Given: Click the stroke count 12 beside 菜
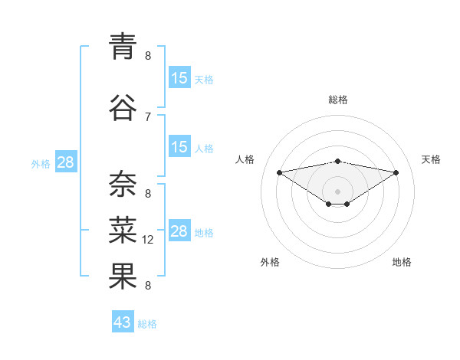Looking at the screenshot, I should point(149,240).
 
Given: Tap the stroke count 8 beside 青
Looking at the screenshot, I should point(148,56).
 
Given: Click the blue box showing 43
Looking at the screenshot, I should point(123,322).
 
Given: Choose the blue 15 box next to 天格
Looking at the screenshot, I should point(179,78).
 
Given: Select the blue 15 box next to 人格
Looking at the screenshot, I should point(179,147).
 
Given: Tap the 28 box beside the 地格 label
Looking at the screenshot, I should point(179,231).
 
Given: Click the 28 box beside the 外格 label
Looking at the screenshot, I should point(65,162).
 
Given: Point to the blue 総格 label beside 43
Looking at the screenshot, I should point(147,324).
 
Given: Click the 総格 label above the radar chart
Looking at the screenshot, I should point(338,100).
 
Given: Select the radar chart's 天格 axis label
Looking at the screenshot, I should point(431,159).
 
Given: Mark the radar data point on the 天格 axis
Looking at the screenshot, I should point(396,172).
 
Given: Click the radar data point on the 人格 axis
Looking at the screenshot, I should point(279,172).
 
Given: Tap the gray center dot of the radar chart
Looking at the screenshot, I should point(337,191).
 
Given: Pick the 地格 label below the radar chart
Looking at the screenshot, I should point(402,262).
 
